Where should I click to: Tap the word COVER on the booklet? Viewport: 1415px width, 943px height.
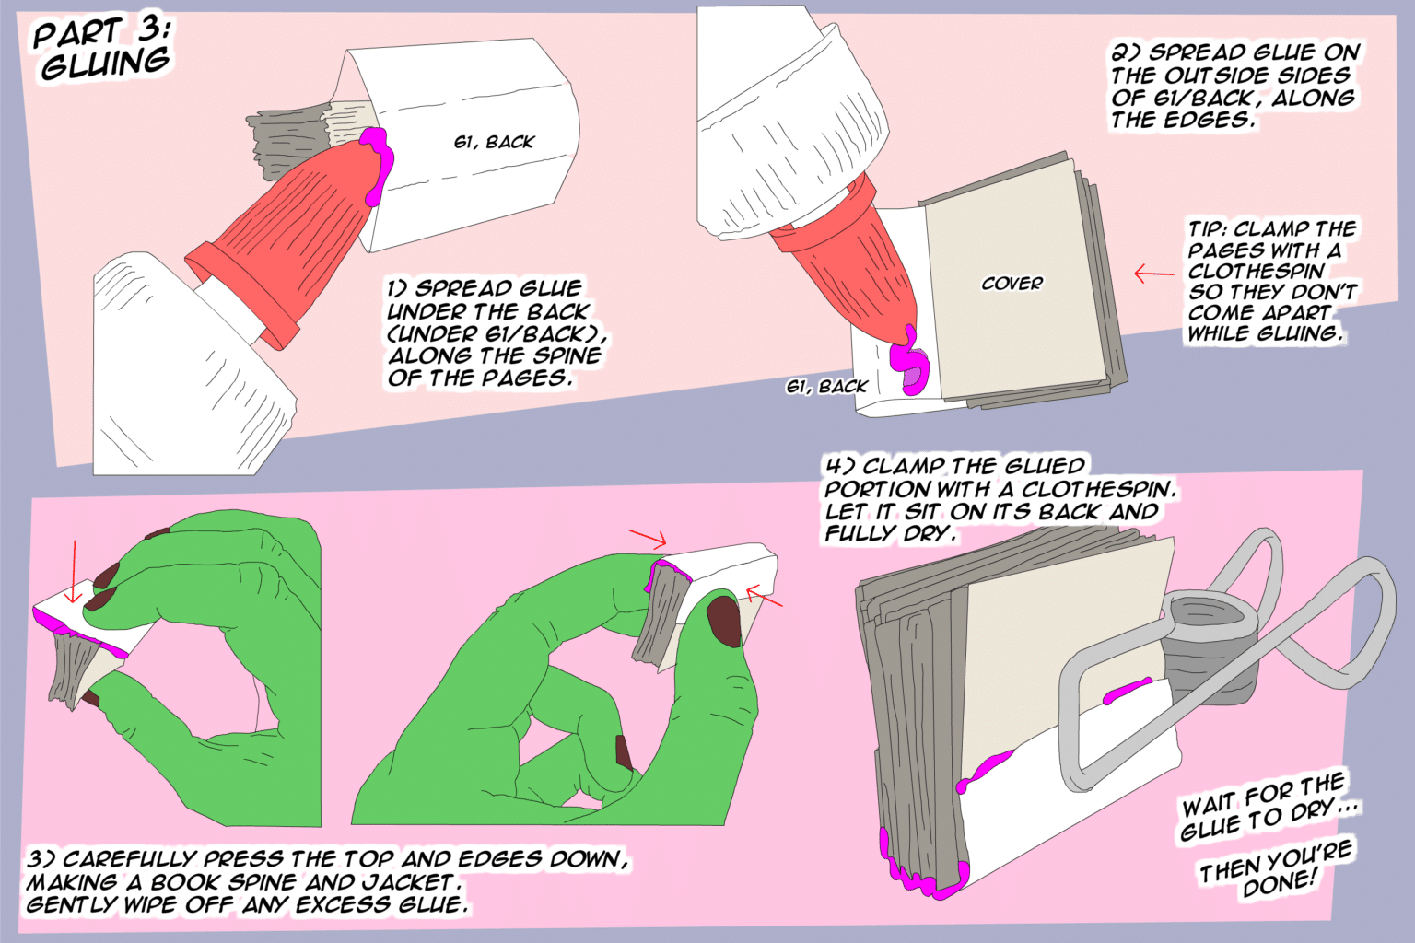(1012, 284)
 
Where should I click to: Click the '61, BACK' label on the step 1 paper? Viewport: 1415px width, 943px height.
(494, 142)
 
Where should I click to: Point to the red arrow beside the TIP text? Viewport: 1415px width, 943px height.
(1153, 274)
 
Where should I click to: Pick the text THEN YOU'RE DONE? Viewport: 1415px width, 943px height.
(1277, 869)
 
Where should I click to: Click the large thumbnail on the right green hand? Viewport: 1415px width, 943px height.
(723, 621)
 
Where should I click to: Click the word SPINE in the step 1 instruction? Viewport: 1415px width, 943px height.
(566, 356)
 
